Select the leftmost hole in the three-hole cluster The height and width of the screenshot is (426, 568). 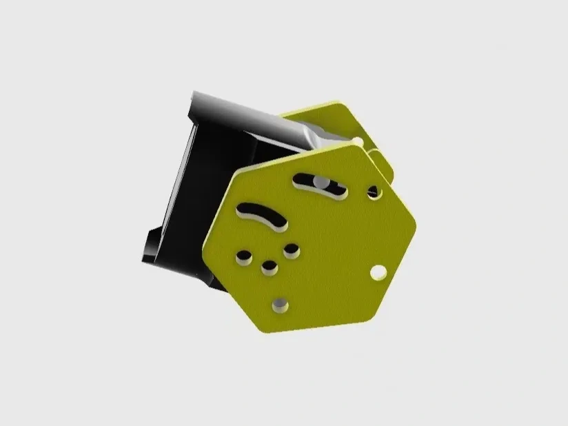pyautogui.click(x=243, y=258)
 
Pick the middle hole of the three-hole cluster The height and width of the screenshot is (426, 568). pyautogui.click(x=270, y=265)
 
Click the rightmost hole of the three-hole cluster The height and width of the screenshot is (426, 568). pyautogui.click(x=291, y=249)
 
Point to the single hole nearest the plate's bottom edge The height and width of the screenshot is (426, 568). pyautogui.click(x=281, y=303)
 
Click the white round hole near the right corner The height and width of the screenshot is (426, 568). pyautogui.click(x=377, y=273)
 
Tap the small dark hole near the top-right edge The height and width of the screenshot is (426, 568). pyautogui.click(x=373, y=191)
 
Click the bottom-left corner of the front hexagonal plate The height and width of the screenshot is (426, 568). pyautogui.click(x=261, y=329)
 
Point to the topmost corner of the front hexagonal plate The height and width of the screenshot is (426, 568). pyautogui.click(x=354, y=145)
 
